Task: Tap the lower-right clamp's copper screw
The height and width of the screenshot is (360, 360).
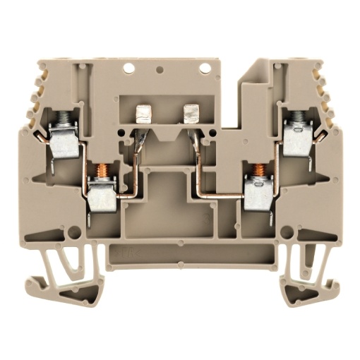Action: pyautogui.click(x=259, y=172)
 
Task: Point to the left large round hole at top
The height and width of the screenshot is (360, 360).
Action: pyautogui.click(x=129, y=69)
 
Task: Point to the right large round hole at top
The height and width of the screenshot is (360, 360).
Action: pyautogui.click(x=204, y=69)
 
